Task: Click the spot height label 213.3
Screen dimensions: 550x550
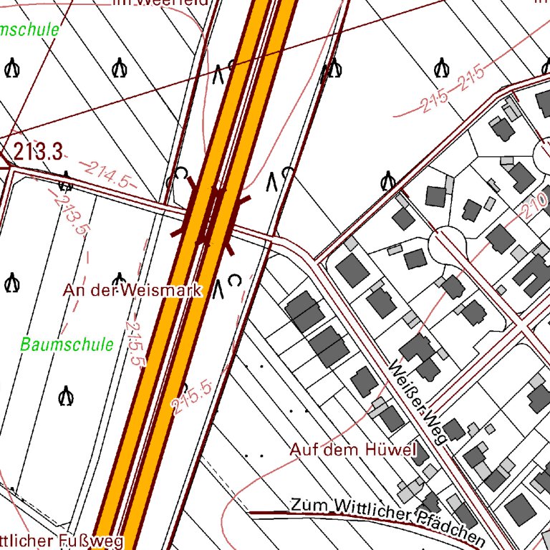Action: click(38, 152)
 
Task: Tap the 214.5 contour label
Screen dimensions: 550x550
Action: click(107, 175)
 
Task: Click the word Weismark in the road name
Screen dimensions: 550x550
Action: click(162, 290)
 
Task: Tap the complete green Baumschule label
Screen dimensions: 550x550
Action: click(67, 344)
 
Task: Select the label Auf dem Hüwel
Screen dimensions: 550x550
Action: click(353, 450)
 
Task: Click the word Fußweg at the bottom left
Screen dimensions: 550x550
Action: click(96, 541)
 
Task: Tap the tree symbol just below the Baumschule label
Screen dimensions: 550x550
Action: click(67, 395)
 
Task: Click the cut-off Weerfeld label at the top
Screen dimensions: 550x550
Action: click(160, 2)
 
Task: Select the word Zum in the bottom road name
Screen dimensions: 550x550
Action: click(305, 504)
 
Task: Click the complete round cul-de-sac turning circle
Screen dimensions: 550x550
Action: click(448, 244)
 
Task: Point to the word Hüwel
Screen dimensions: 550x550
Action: click(390, 450)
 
